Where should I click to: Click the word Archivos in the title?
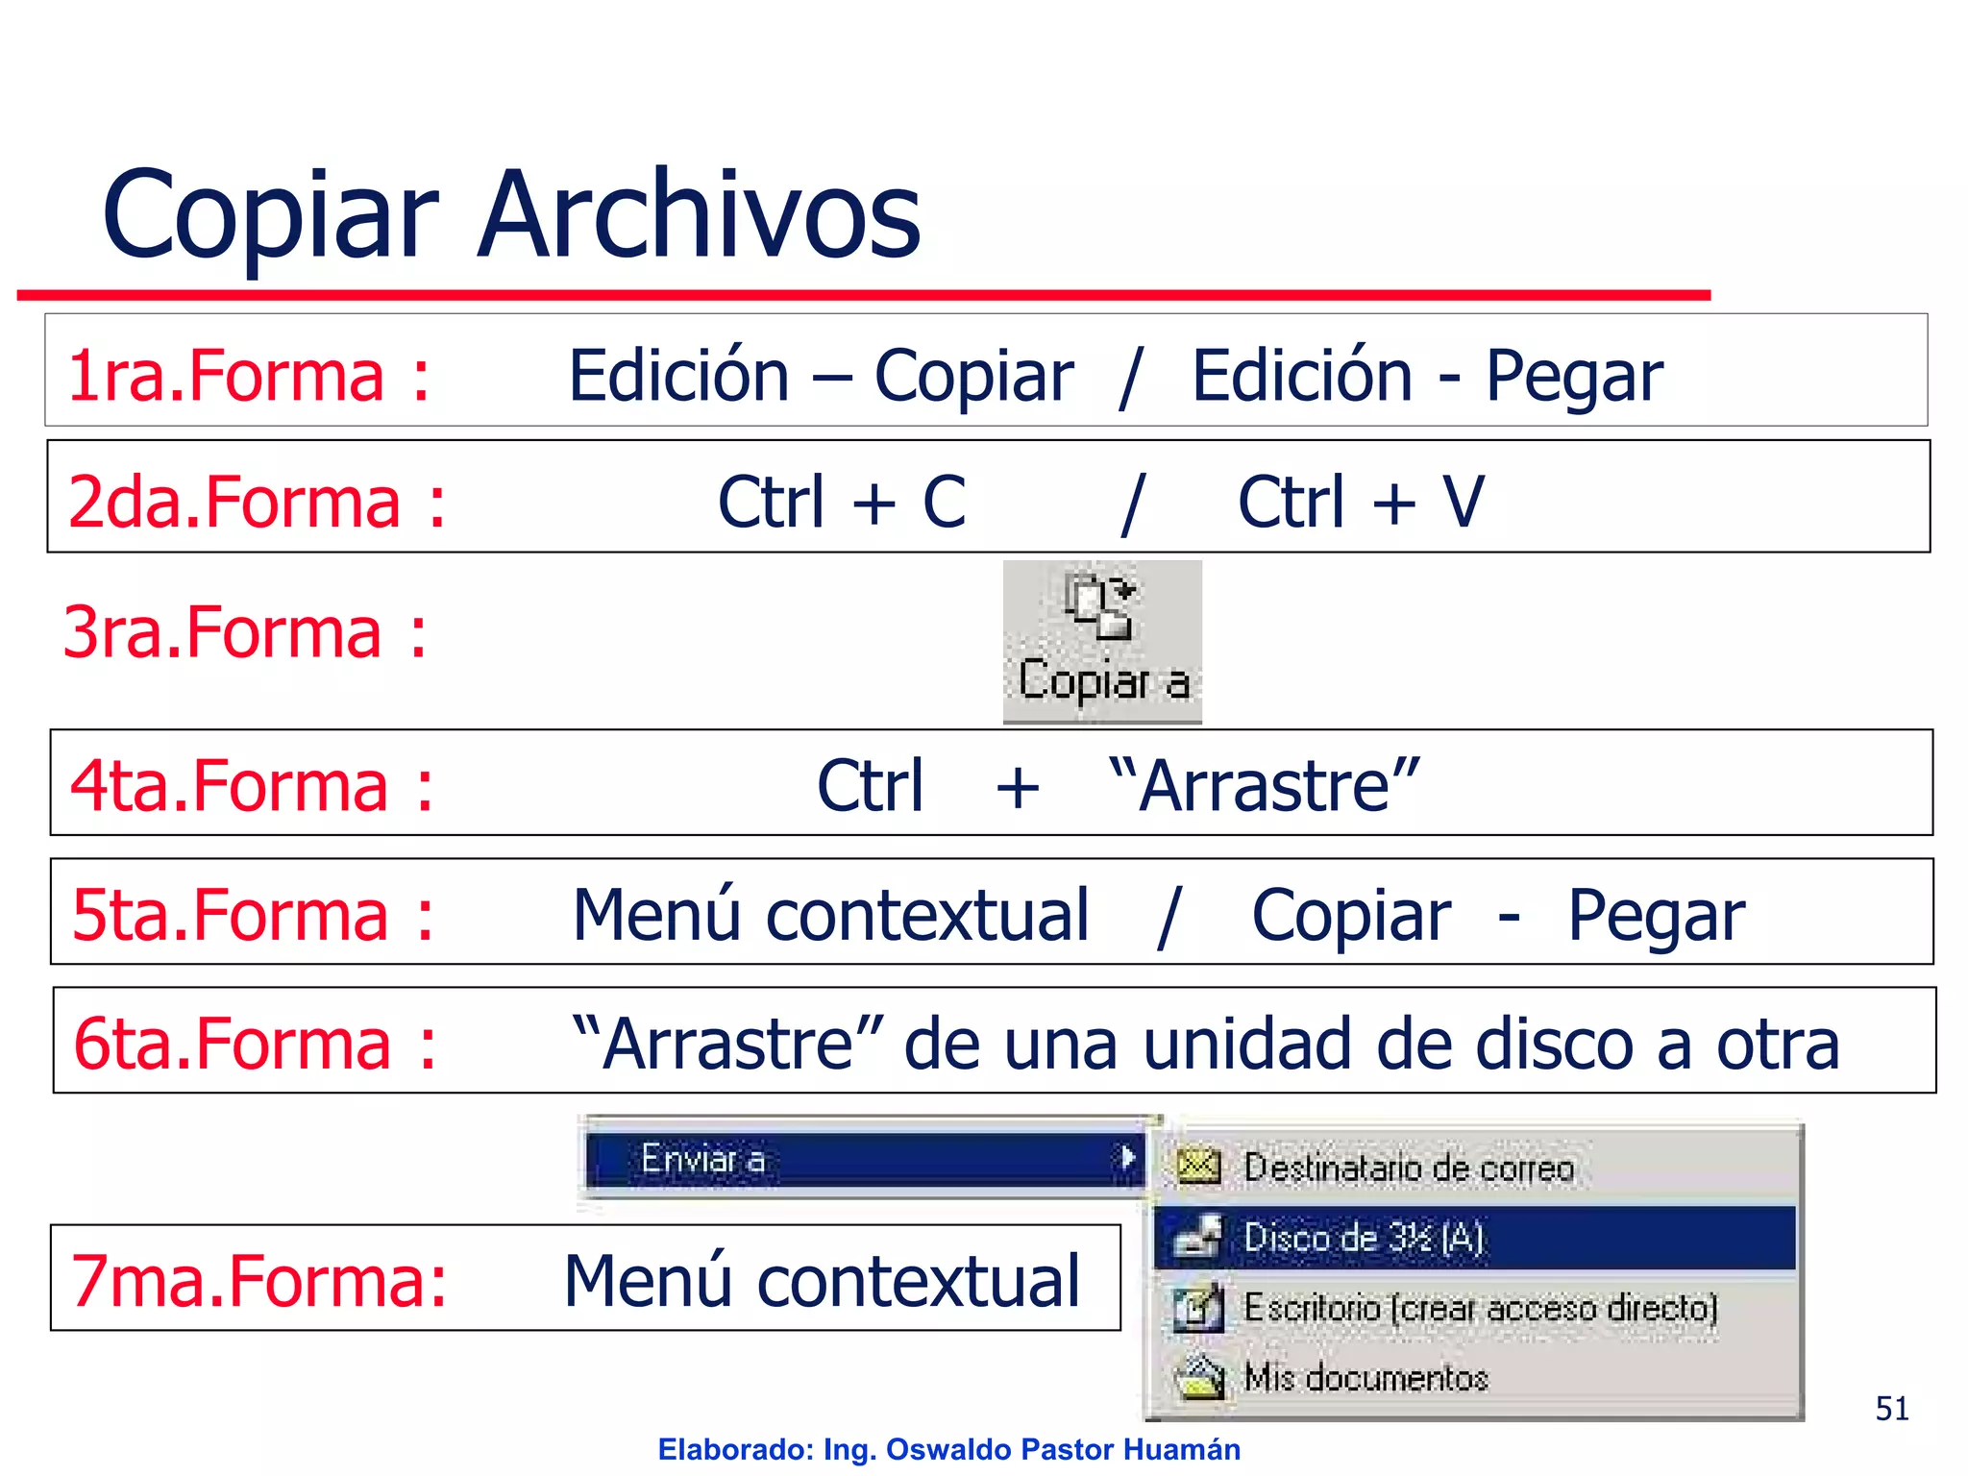click(x=700, y=215)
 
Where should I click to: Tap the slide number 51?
click(x=1891, y=1409)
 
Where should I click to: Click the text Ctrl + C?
click(x=841, y=502)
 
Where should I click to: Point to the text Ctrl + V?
click(x=1361, y=502)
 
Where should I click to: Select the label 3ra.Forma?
click(x=223, y=632)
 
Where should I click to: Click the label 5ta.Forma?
click(x=231, y=915)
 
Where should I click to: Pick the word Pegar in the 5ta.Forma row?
click(x=1656, y=915)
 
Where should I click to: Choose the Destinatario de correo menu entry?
click(x=1408, y=1168)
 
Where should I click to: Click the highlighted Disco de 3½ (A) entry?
click(x=1365, y=1238)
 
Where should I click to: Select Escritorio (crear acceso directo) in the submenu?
click(x=1480, y=1308)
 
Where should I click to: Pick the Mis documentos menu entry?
click(x=1365, y=1378)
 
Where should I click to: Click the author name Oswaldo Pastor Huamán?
click(x=1063, y=1449)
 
